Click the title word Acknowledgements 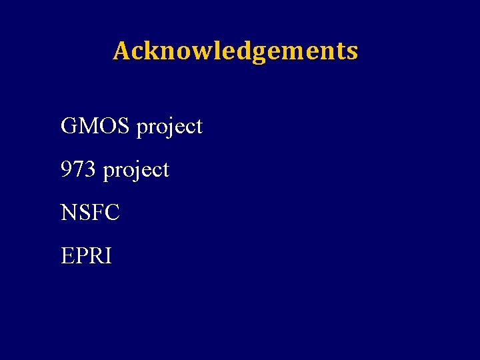point(235,51)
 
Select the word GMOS point(96,125)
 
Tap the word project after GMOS point(169,127)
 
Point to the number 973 point(79,169)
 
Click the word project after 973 point(136,171)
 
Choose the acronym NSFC point(90,213)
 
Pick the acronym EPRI point(86,256)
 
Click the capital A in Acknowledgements point(121,51)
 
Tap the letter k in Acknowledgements point(150,51)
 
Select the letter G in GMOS point(69,125)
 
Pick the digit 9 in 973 point(67,169)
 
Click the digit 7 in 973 point(79,169)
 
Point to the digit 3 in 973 point(91,169)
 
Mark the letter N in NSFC point(69,213)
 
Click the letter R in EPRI point(95,256)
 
